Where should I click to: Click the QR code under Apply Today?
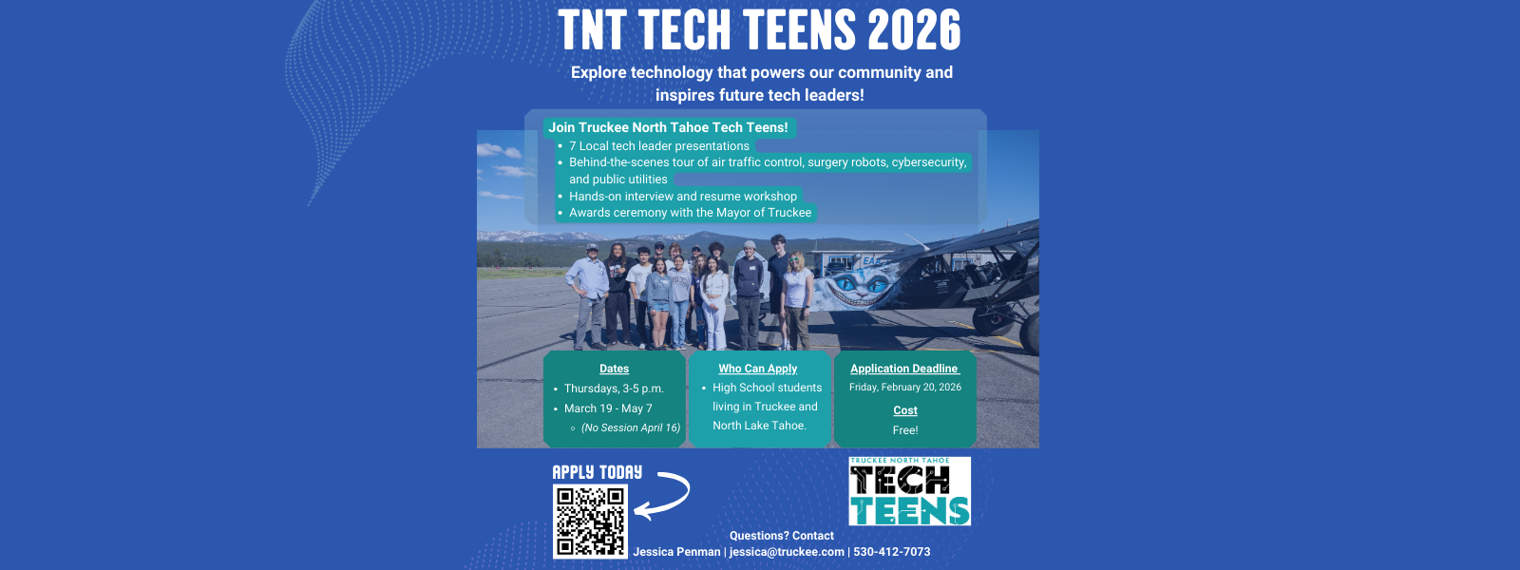(x=590, y=521)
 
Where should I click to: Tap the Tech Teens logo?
(x=909, y=491)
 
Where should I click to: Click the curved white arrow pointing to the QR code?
(x=663, y=495)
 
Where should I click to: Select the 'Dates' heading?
(x=614, y=369)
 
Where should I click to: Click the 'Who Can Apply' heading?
(x=757, y=369)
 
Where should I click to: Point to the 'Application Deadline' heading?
(x=904, y=369)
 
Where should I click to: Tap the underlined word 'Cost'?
(x=905, y=410)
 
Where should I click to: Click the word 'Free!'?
(x=905, y=430)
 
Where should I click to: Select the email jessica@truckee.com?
(x=787, y=552)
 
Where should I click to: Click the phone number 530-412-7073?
(x=892, y=552)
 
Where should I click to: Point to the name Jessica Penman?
(x=676, y=552)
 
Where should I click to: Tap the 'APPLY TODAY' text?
(x=597, y=472)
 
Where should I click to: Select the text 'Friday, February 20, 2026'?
(x=905, y=388)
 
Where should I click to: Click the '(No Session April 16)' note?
(x=631, y=427)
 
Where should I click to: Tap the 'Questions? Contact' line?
(x=781, y=536)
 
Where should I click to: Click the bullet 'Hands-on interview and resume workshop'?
(x=682, y=197)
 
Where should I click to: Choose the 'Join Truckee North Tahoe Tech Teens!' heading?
(x=668, y=127)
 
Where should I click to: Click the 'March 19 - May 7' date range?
(x=608, y=408)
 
